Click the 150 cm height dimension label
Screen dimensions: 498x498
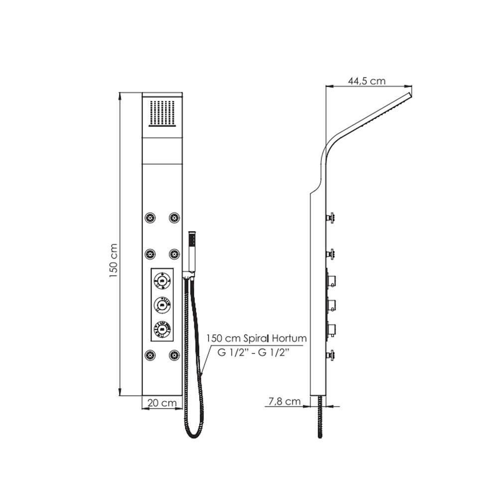coord(114,261)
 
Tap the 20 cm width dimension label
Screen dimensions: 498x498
coord(162,403)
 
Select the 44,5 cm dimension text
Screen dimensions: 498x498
coord(367,81)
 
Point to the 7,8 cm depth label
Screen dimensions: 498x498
coord(284,401)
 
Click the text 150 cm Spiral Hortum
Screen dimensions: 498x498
coord(256,338)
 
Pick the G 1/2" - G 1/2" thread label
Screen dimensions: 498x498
coord(253,352)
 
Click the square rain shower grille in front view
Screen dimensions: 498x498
coord(162,114)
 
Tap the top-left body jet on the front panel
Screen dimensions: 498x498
coord(150,218)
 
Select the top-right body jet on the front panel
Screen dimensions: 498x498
coord(174,218)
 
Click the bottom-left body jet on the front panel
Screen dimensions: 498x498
coord(150,355)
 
